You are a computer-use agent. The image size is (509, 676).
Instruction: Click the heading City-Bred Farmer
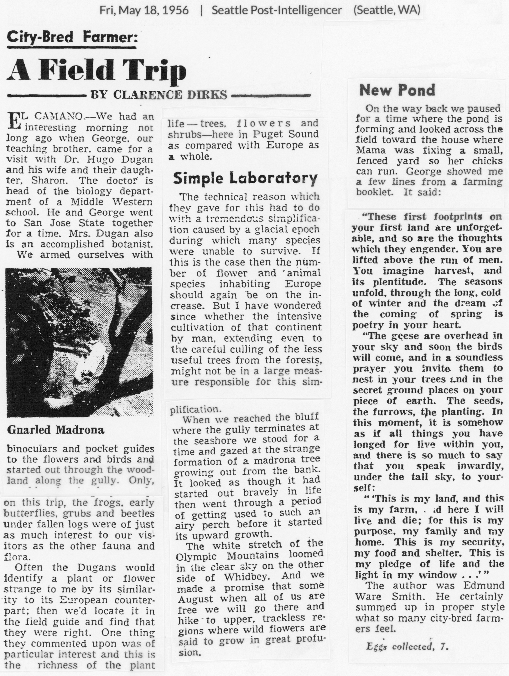click(x=72, y=38)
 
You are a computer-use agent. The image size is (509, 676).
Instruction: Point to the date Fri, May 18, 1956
click(x=144, y=10)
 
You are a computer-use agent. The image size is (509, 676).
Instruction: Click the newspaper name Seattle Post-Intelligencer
click(x=277, y=10)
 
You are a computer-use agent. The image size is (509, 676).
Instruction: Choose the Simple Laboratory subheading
click(x=245, y=178)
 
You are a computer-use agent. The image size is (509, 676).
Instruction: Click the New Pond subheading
click(x=397, y=90)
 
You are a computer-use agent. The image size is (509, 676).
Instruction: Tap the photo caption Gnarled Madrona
click(x=55, y=430)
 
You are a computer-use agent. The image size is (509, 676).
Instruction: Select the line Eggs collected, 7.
click(x=407, y=646)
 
